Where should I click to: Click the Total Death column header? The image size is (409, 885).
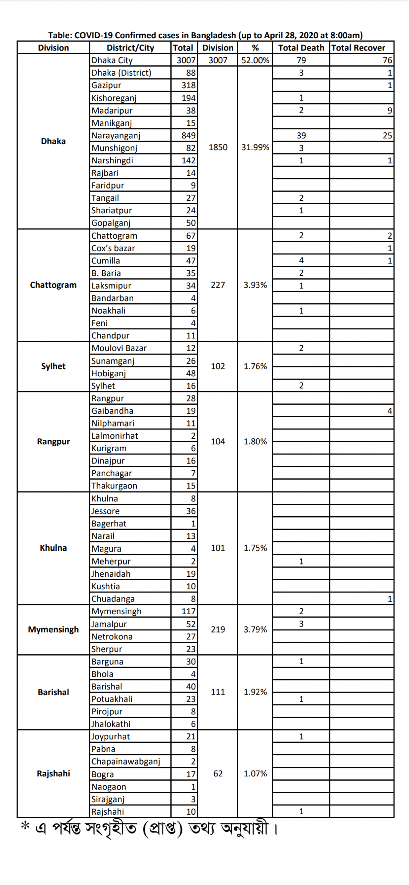pyautogui.click(x=301, y=48)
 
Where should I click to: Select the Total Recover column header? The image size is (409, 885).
pyautogui.click(x=358, y=48)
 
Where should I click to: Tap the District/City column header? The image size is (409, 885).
pyautogui.click(x=130, y=48)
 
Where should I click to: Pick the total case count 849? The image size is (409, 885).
pyautogui.click(x=188, y=136)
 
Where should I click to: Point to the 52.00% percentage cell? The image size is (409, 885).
pyautogui.click(x=255, y=60)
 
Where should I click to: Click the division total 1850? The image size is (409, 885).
pyautogui.click(x=218, y=148)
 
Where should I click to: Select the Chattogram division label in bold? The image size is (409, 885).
pyautogui.click(x=53, y=285)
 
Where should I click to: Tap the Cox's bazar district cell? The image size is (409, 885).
pyautogui.click(x=113, y=249)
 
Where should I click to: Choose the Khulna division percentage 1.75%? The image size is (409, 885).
pyautogui.click(x=255, y=548)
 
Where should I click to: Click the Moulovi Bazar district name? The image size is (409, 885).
pyautogui.click(x=119, y=348)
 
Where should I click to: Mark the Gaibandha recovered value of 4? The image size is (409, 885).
pyautogui.click(x=389, y=411)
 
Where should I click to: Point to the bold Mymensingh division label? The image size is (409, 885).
pyautogui.click(x=53, y=630)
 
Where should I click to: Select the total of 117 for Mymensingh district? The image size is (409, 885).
pyautogui.click(x=188, y=612)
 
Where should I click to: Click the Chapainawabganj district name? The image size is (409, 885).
pyautogui.click(x=126, y=761)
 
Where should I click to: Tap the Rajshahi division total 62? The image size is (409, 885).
pyautogui.click(x=218, y=774)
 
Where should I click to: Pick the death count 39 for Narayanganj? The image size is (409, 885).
pyautogui.click(x=301, y=136)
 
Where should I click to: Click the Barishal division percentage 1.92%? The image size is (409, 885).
pyautogui.click(x=255, y=692)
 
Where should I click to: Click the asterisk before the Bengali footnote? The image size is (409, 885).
pyautogui.click(x=25, y=826)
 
